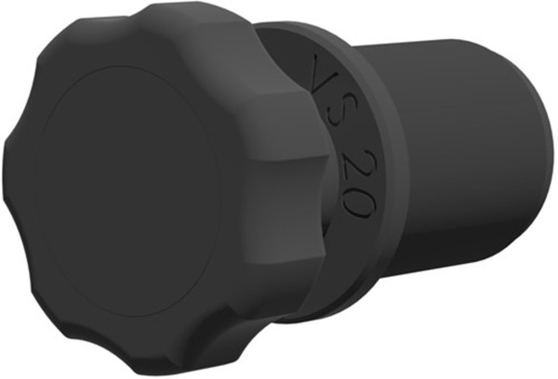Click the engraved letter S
click(x=331, y=114)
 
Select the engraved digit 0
click(x=358, y=200)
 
